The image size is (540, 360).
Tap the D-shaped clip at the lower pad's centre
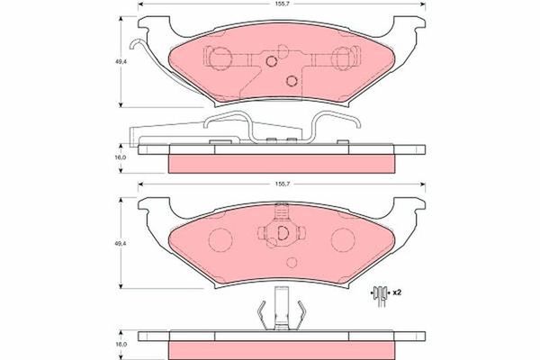[x=280, y=234]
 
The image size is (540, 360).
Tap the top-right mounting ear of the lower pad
[x=411, y=205]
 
